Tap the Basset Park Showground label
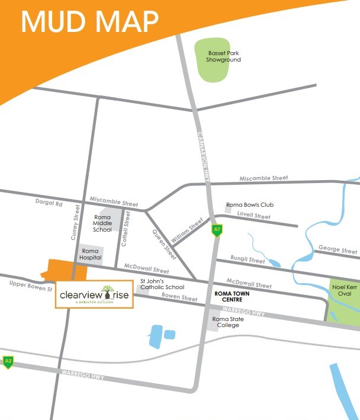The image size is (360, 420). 223,56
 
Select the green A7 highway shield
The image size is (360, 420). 217,230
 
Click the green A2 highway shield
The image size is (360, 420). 8,361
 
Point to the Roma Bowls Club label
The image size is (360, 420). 250,205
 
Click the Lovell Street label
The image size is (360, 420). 253,217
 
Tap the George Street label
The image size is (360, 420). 337,249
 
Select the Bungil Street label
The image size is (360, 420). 248,260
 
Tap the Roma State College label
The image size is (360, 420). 228,322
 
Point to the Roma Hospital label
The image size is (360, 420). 91,254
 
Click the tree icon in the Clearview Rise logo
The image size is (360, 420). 107,291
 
